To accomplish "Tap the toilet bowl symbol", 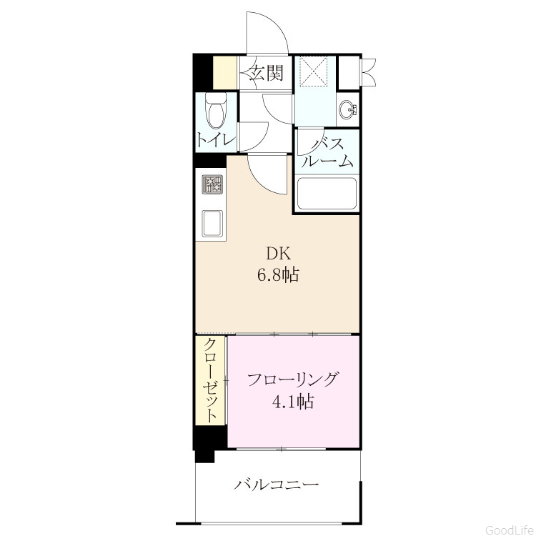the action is point(216,110).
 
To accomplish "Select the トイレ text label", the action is point(216,140).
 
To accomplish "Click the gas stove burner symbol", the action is point(212,184).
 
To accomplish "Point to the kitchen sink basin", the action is point(212,224).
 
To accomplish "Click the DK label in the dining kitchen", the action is point(278,254).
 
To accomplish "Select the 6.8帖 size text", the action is point(278,274).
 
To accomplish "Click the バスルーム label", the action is point(327,153).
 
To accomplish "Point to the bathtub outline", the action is point(327,194).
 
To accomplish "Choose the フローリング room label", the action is point(293,379).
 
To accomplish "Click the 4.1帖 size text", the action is point(293,402).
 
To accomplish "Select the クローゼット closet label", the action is point(211,380).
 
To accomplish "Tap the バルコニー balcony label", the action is point(276,485).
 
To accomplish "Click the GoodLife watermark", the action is point(510,530).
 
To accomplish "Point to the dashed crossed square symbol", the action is point(314,71).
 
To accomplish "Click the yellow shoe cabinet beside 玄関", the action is point(225,73).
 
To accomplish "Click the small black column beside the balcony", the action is point(204,456).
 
